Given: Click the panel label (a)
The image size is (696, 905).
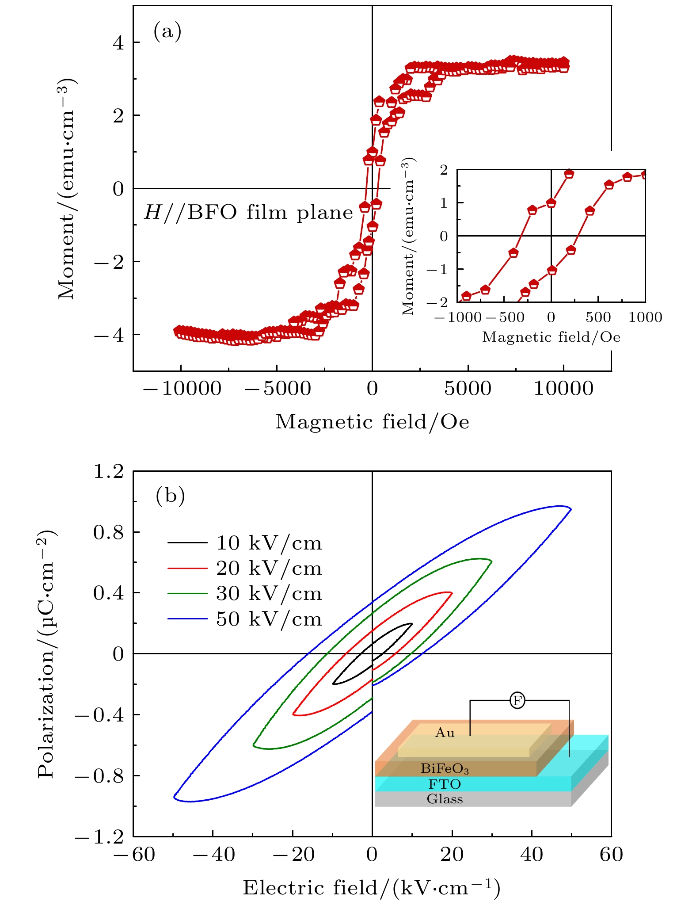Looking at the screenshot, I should click(167, 32).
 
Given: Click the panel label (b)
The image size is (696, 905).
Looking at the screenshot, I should click(170, 496).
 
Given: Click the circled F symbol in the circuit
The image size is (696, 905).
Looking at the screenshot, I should click(517, 700).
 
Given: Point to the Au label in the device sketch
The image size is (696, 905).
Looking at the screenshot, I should click(445, 733).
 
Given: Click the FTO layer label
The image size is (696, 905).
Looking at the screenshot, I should click(445, 784).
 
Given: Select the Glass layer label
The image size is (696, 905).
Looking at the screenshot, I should click(445, 799).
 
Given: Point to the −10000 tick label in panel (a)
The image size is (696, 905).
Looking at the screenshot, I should click(182, 389).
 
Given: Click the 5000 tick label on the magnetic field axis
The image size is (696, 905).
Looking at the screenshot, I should click(468, 389).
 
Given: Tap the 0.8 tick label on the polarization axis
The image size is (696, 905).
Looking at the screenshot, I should click(108, 533).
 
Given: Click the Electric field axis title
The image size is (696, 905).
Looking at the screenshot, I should click(372, 887).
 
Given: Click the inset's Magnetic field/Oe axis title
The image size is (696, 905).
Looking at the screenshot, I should click(551, 337).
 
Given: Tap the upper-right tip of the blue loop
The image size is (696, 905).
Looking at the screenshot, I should click(571, 508).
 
